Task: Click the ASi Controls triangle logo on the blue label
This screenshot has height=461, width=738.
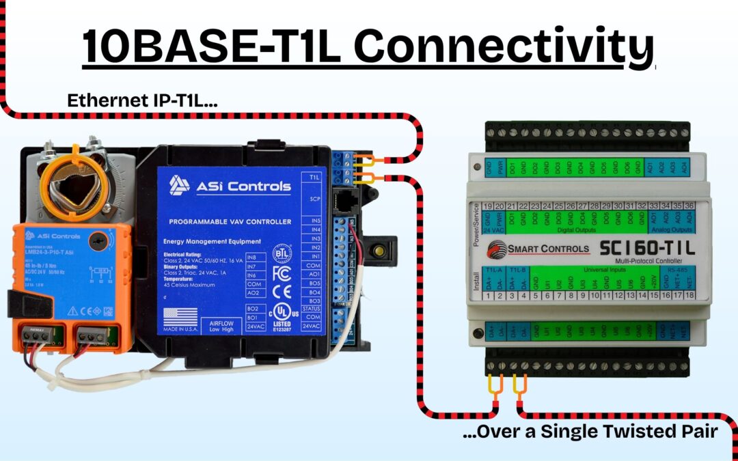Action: [x=180, y=184]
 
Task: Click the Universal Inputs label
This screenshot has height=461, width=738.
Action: [x=587, y=269]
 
